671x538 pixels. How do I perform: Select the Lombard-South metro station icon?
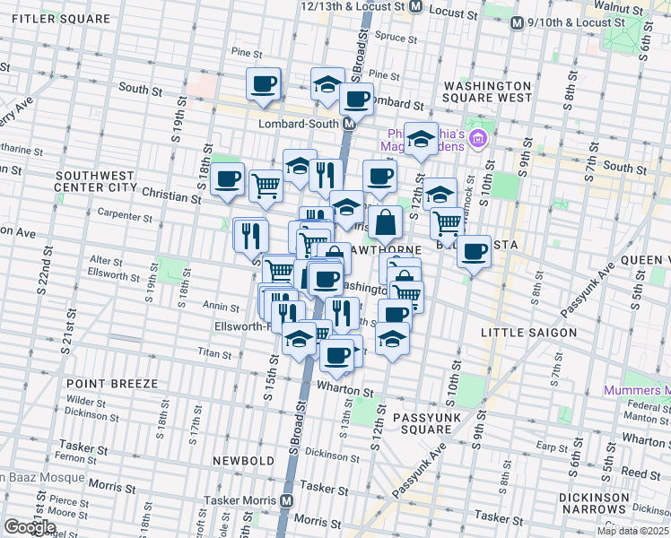347,126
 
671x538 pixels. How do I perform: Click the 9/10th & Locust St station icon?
516,22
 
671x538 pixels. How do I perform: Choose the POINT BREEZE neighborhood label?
111,383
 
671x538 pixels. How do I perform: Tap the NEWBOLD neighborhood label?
243,460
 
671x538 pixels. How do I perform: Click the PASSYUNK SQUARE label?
420,423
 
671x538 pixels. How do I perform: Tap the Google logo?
30,527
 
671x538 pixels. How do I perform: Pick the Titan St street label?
215,354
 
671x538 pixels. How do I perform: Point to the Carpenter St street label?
126,217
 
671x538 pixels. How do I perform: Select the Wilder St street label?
87,403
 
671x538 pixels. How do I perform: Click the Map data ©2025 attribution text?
632,531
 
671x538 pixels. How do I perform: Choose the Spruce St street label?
391,38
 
